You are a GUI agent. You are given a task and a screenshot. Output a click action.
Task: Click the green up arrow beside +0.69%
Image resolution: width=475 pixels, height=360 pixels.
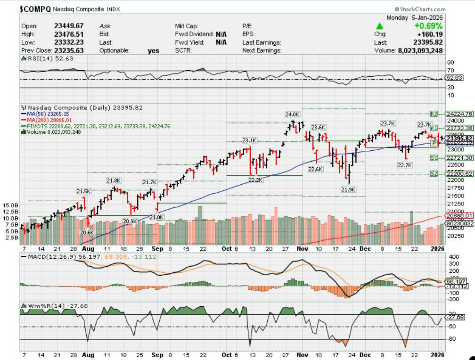pos(379,26)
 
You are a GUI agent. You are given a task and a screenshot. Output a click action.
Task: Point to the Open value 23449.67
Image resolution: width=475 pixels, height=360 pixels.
pos(69,26)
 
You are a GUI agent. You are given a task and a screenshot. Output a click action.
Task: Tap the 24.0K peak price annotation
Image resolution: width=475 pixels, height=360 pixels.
pos(292,114)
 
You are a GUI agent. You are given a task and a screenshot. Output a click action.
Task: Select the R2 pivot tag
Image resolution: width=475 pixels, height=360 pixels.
pos(434,114)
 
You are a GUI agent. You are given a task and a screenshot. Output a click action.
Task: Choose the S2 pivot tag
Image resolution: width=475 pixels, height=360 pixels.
pos(434,174)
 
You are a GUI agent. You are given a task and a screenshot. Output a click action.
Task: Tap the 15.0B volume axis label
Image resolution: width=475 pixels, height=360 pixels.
pos(10,205)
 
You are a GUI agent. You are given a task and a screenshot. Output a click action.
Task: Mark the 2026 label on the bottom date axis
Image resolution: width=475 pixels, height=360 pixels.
pos(438,354)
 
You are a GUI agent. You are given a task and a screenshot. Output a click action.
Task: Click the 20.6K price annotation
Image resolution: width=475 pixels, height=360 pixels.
pos(88,232)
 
